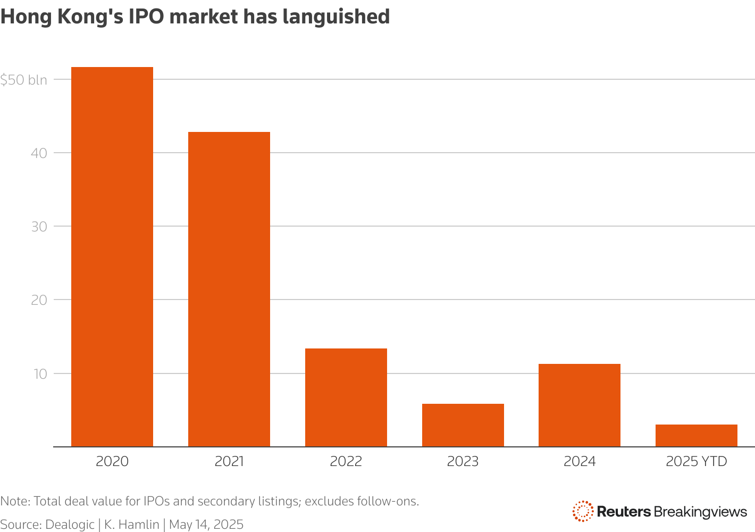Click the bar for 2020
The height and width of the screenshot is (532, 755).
click(112, 256)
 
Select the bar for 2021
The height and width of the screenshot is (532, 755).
click(229, 289)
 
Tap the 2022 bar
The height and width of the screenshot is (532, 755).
click(346, 397)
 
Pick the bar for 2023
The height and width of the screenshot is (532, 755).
click(463, 425)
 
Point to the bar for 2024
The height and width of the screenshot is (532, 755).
click(580, 405)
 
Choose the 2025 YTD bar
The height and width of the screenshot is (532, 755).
click(697, 435)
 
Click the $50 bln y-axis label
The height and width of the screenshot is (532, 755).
click(24, 80)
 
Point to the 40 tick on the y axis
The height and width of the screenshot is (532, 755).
click(39, 153)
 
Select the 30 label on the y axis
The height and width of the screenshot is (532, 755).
click(39, 227)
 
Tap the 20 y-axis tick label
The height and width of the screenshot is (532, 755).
click(39, 300)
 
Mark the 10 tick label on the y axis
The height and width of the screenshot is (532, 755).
click(40, 373)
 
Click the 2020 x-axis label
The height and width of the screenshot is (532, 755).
click(112, 461)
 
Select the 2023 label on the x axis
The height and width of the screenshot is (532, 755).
click(463, 461)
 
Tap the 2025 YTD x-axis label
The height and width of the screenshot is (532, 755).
click(697, 461)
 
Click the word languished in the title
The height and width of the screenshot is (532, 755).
click(336, 17)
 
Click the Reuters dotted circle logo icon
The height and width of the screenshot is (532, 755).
click(583, 511)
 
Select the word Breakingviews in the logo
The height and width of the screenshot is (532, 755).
click(701, 512)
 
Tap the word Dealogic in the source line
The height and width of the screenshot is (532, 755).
click(70, 525)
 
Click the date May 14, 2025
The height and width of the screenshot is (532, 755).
click(206, 525)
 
